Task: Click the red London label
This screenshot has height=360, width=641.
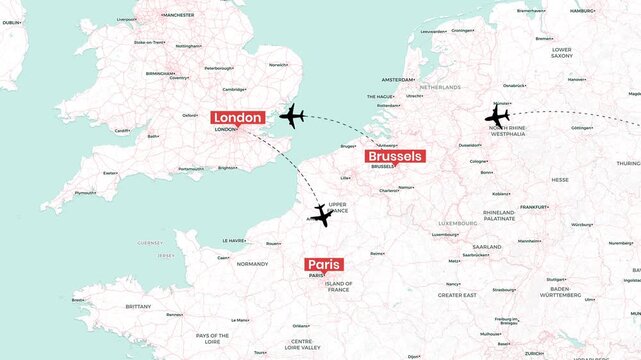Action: pos(238,117)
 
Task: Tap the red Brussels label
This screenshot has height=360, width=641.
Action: pos(395,156)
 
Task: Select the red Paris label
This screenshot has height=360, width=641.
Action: pos(324,265)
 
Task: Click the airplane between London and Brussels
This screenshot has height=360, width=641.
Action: pos(292,117)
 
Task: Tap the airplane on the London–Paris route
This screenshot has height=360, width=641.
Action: pos(321,215)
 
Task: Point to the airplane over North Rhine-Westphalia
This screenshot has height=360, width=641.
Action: pos(497,115)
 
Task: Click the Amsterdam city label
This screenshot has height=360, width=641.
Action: pos(397,79)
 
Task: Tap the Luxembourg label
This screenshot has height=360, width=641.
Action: pos(456,222)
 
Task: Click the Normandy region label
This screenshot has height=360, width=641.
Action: pos(252,264)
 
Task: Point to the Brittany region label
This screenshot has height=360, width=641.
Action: pos(138,306)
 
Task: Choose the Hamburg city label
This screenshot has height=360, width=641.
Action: pos(582,11)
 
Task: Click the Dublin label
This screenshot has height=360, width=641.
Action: pos(11,21)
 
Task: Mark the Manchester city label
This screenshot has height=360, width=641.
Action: pos(177,15)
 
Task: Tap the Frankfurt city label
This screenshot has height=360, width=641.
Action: pos(534,207)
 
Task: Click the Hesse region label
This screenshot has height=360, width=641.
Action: pos(560,180)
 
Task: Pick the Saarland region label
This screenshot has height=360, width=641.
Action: pos(487,246)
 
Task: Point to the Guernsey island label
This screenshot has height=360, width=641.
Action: pos(149,242)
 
